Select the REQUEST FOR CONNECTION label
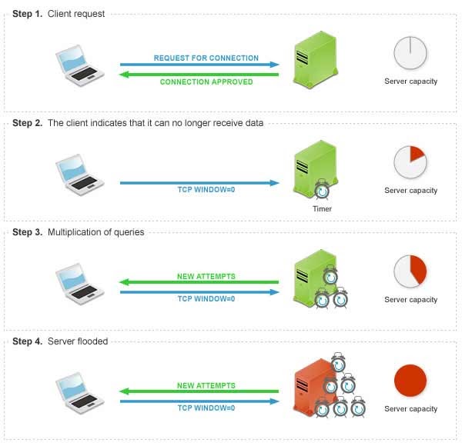click(206, 58)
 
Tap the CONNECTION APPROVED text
click(206, 82)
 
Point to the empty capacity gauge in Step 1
click(410, 53)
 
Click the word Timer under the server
click(322, 208)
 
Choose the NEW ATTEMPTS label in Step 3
click(206, 276)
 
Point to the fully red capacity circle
click(410, 381)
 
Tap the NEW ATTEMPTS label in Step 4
click(206, 385)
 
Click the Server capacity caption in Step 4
click(410, 409)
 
